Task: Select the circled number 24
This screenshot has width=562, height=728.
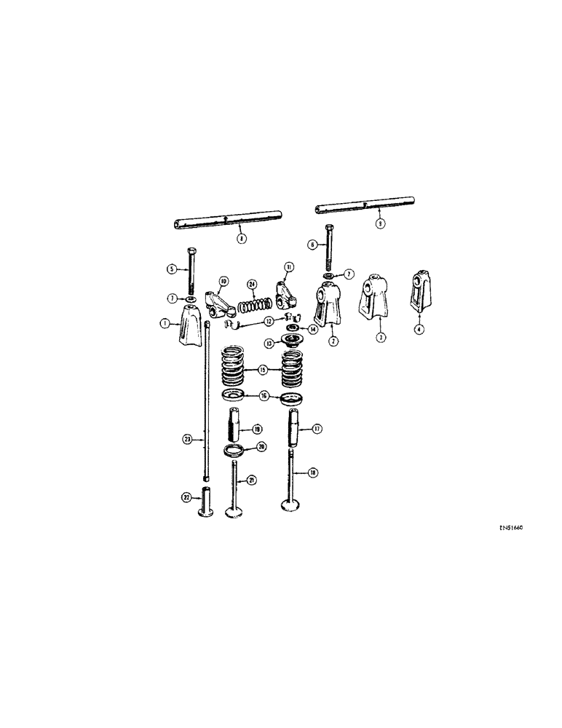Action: pyautogui.click(x=252, y=284)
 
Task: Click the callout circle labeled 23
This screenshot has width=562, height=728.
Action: pyautogui.click(x=188, y=439)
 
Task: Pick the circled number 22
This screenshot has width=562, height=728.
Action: pyautogui.click(x=186, y=498)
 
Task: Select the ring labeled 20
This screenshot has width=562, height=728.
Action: pyautogui.click(x=234, y=448)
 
